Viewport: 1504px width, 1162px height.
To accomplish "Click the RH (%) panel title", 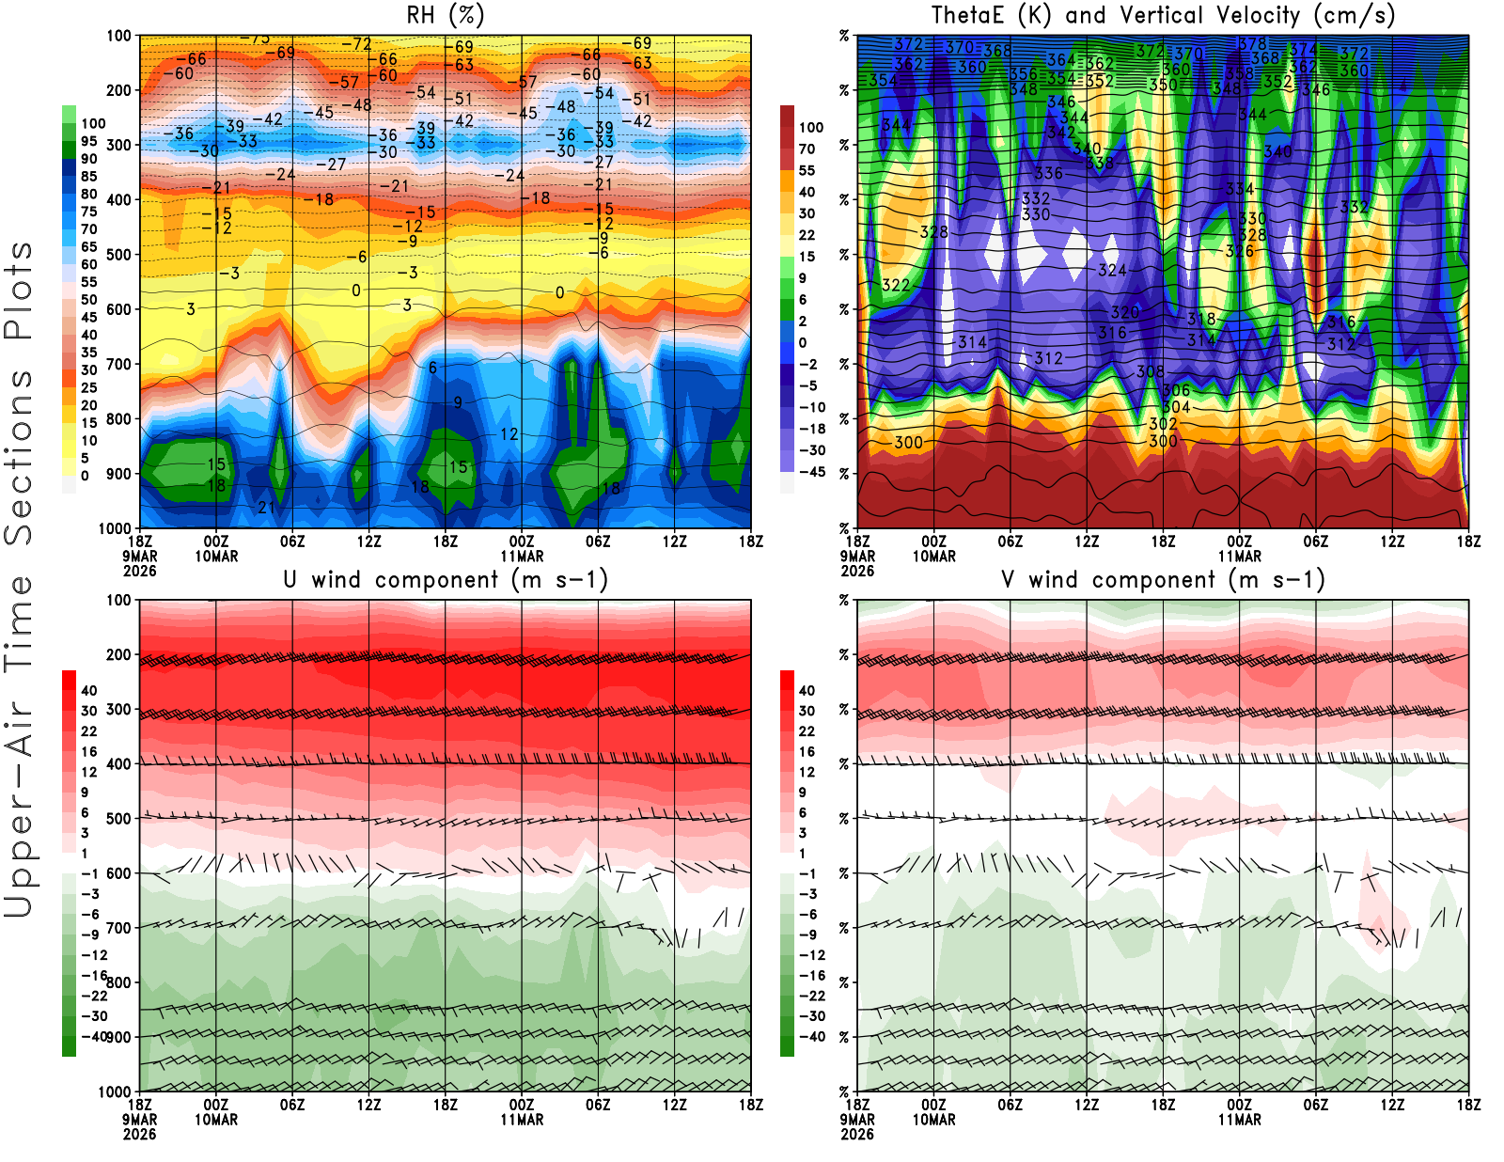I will [445, 15].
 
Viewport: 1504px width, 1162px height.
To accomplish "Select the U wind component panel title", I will [445, 579].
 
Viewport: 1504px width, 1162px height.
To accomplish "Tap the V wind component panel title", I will [1163, 579].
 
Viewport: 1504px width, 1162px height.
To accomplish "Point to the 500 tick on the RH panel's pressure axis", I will [118, 255].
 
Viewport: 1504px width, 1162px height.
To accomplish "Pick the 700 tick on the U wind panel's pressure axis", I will [118, 928].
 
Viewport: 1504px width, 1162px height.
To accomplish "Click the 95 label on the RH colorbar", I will [89, 142].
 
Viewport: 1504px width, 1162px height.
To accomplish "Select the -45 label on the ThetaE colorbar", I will [812, 472].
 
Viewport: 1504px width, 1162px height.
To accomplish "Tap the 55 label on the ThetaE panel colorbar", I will [807, 171].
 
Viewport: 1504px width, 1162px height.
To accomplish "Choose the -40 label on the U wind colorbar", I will [94, 1036].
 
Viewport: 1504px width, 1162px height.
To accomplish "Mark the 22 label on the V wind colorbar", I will [807, 731].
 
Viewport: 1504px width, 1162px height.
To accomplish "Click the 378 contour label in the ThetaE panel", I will [1252, 44].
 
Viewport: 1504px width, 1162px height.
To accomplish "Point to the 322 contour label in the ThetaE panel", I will [896, 285].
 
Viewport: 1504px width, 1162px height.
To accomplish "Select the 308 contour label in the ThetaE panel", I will [1150, 371].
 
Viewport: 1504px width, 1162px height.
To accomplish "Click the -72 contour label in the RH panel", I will [356, 45].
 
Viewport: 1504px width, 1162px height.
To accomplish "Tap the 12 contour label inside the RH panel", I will [509, 434].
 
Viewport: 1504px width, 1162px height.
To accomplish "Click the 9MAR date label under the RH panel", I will [139, 556].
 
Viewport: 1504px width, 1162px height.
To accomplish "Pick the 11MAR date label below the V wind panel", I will [1239, 1120].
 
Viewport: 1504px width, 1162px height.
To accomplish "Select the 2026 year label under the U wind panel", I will [139, 1134].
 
